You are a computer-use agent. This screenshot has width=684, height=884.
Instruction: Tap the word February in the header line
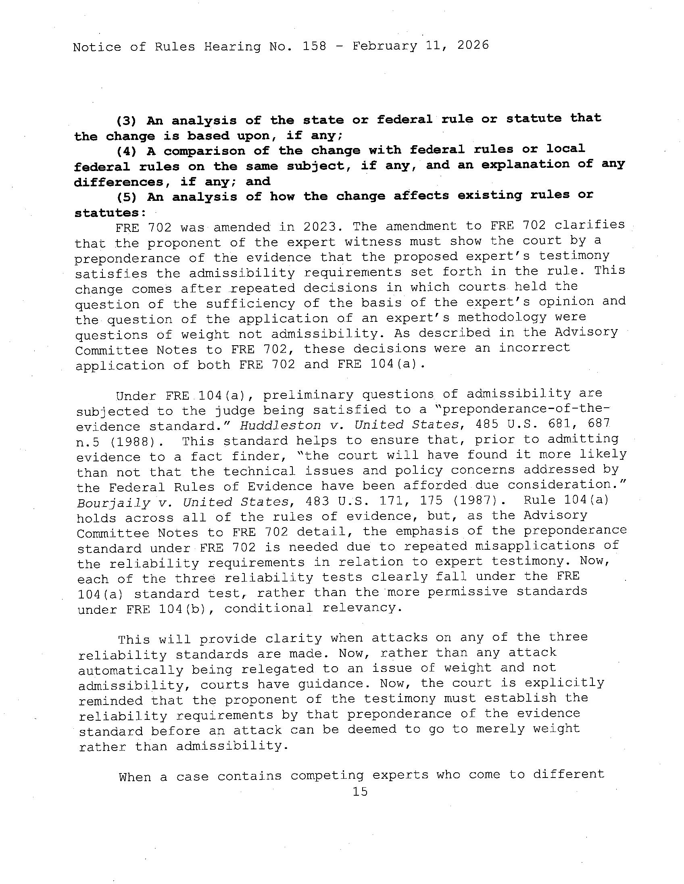click(x=384, y=46)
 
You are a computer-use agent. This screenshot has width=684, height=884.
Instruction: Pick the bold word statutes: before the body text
click(x=110, y=213)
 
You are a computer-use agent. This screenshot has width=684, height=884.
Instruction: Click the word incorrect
click(x=534, y=348)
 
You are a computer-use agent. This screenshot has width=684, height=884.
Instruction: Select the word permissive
click(x=467, y=592)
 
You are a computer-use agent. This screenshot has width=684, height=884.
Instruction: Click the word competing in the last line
click(x=327, y=776)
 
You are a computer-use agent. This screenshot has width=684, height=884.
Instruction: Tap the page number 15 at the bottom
click(x=360, y=791)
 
